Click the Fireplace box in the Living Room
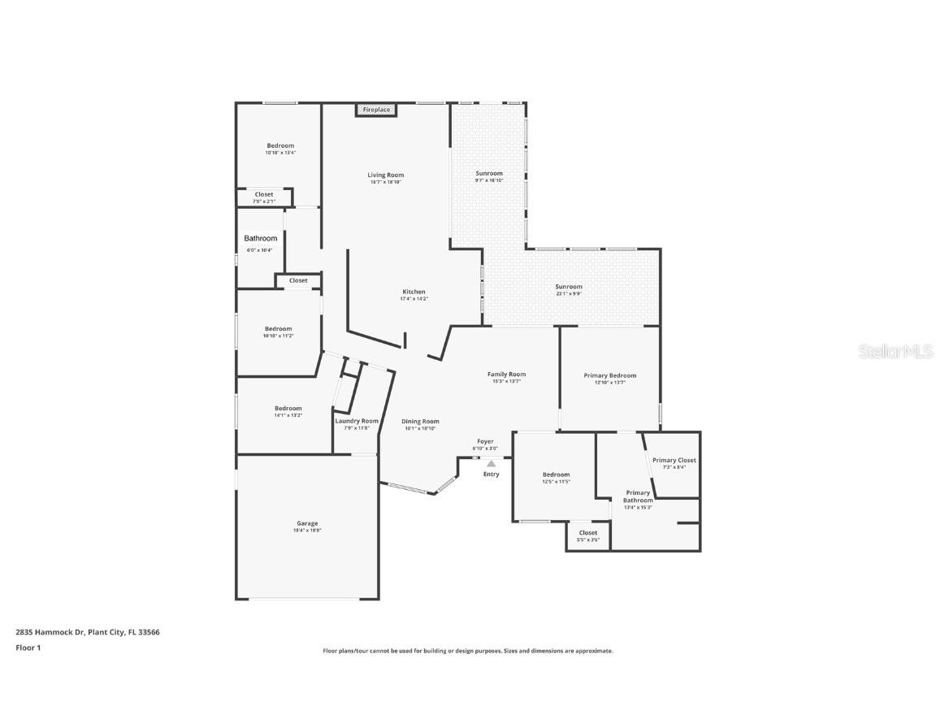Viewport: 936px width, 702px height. [x=375, y=110]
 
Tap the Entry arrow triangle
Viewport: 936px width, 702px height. [x=491, y=464]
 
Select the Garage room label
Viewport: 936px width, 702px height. [x=307, y=524]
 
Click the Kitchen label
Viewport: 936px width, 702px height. [x=414, y=292]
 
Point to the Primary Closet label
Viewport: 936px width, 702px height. [x=674, y=461]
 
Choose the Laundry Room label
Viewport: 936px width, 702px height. [x=357, y=421]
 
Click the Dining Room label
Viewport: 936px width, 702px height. [x=421, y=422]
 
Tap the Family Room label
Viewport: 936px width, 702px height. [x=506, y=375]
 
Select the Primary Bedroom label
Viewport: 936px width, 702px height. [x=609, y=375]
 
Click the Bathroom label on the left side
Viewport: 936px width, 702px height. [x=261, y=239]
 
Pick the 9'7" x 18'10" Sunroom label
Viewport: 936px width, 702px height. [x=489, y=174]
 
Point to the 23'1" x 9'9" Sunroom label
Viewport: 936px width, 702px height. [x=569, y=287]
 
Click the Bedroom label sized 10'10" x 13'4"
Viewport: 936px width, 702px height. [x=280, y=146]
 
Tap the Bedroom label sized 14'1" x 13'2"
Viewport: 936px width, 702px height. [x=288, y=409]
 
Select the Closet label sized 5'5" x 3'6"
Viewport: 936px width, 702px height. [x=588, y=534]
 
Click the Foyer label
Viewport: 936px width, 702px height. [x=485, y=442]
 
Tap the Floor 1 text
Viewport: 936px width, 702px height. [x=28, y=648]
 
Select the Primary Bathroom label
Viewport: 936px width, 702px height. [x=638, y=496]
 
